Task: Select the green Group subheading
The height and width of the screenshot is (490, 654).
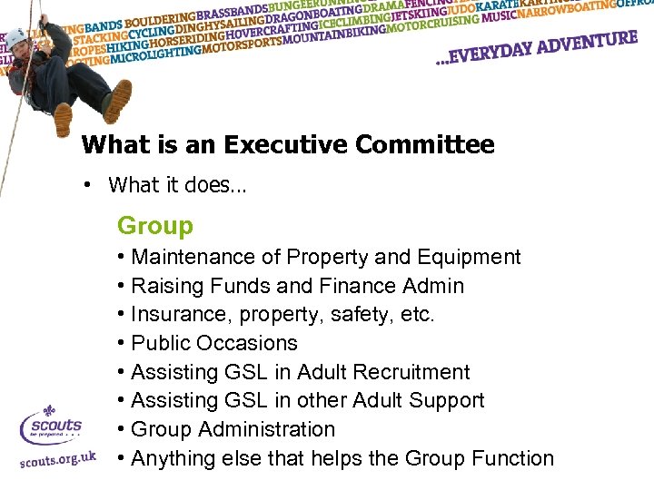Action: pos(155,226)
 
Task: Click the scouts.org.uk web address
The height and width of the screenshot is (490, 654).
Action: pos(57,459)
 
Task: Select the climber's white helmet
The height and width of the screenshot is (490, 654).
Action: pos(16,36)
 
